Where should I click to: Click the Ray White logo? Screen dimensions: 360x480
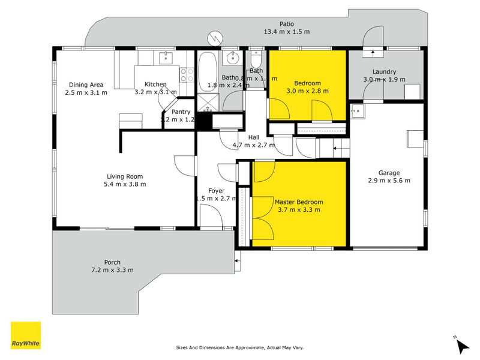(26, 335)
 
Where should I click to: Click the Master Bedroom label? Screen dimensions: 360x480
(299, 202)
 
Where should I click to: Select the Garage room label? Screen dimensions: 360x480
(388, 172)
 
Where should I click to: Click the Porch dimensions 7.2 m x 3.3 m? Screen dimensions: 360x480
(112, 270)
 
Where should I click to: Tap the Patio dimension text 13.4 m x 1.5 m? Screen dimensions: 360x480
(286, 31)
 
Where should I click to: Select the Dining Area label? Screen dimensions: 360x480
(86, 85)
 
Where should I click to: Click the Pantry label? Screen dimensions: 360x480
(181, 112)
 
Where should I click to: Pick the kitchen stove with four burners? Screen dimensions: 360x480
(187, 74)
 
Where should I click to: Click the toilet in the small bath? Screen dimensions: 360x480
(256, 60)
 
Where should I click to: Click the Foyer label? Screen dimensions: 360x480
(216, 191)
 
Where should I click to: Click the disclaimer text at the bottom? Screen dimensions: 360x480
(240, 347)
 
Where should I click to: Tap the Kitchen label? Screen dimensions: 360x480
(155, 85)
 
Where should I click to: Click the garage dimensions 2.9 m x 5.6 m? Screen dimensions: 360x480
(388, 180)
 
